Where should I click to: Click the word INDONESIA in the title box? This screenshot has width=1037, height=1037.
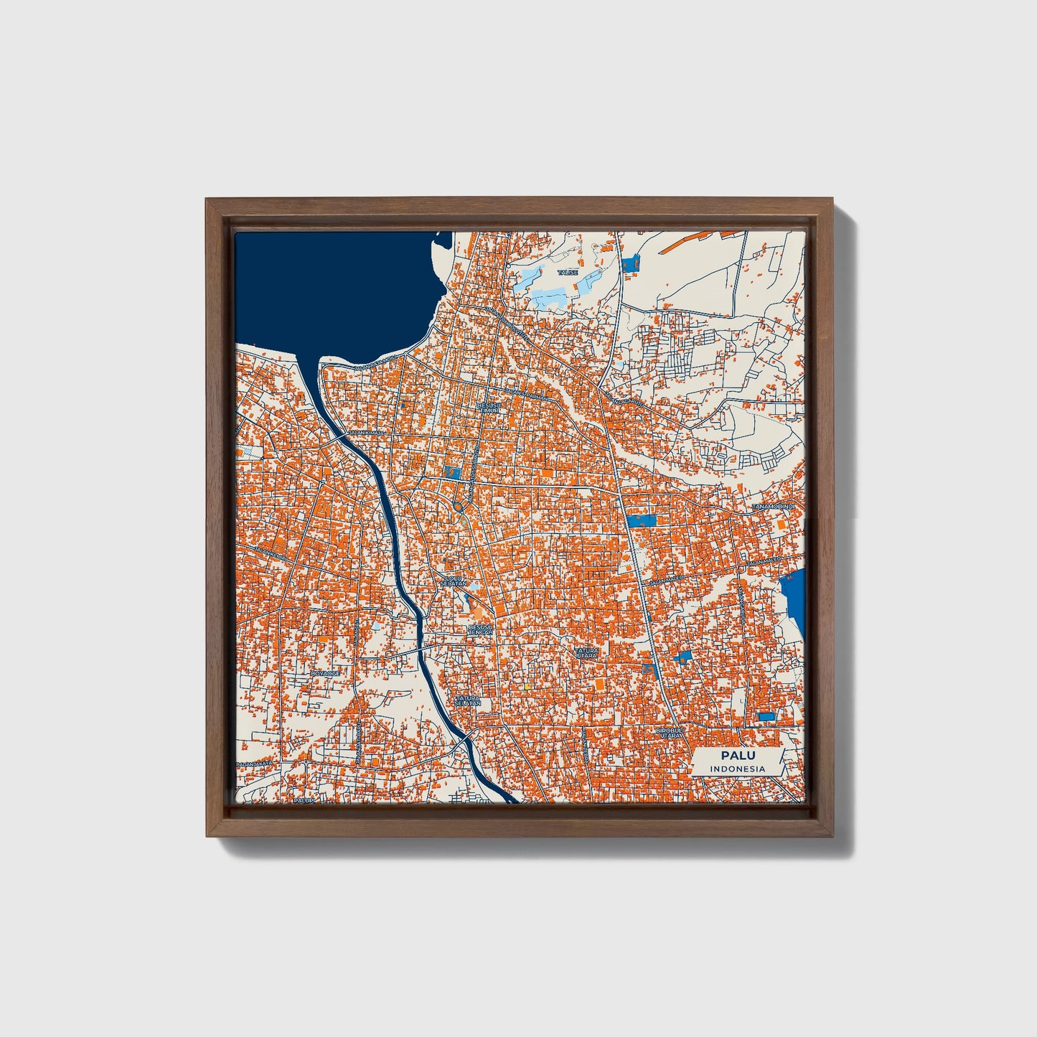pyautogui.click(x=737, y=769)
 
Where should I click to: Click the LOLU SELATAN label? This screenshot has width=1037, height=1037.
pyautogui.click(x=454, y=581)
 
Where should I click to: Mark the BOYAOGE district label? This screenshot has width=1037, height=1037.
pyautogui.click(x=324, y=674)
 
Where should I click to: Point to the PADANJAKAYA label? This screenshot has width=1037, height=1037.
pyautogui.click(x=255, y=764)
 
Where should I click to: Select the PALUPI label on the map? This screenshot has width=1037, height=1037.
pyautogui.click(x=304, y=799)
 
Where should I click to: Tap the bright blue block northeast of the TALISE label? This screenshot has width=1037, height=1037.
pyautogui.click(x=631, y=263)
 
